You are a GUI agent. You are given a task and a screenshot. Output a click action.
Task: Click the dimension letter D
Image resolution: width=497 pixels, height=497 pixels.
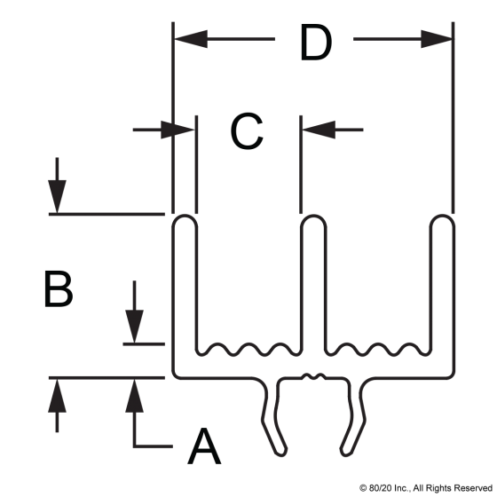316,43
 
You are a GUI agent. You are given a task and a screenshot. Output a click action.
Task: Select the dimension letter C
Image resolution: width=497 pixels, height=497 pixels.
247,130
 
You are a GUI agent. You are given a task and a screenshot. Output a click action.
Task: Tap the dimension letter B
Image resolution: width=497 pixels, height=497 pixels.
59,288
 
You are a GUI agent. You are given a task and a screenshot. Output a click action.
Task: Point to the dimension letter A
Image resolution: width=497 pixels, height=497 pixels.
204,446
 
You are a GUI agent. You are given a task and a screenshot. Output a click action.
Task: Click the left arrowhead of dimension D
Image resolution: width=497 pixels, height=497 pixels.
191,39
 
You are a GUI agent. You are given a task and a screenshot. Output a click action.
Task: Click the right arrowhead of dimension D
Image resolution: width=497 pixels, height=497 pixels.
437,39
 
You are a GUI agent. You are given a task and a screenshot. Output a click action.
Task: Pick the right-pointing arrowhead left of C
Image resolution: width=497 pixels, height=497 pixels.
177,130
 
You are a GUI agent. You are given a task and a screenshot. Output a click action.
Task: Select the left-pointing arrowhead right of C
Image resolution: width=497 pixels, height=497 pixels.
319,130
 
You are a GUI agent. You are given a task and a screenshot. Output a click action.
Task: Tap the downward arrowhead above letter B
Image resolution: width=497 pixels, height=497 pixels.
57,196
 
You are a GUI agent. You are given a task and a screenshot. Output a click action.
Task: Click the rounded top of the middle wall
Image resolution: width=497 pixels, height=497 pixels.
313,219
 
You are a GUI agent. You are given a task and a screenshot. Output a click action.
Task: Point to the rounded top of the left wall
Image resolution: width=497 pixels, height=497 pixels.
185,219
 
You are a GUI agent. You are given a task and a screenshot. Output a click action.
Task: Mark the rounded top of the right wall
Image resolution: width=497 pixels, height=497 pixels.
443,219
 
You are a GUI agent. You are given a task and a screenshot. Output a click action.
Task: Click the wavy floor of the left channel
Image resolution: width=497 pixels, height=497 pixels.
248,350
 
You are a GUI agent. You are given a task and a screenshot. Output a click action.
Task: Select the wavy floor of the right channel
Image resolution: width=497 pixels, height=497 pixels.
378,350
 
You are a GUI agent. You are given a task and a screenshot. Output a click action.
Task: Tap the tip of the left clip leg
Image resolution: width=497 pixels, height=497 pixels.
281,453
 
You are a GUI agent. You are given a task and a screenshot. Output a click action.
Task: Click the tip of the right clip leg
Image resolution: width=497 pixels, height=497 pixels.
346,453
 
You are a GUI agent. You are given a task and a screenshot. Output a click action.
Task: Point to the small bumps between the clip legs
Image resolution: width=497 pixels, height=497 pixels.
313,376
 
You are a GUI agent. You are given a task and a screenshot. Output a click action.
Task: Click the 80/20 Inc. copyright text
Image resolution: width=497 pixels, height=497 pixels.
426,487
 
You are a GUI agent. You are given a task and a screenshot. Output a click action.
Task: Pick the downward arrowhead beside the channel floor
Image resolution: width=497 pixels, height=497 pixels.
134,327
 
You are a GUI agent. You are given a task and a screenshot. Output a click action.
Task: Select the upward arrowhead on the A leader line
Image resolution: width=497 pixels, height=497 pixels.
134,396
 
